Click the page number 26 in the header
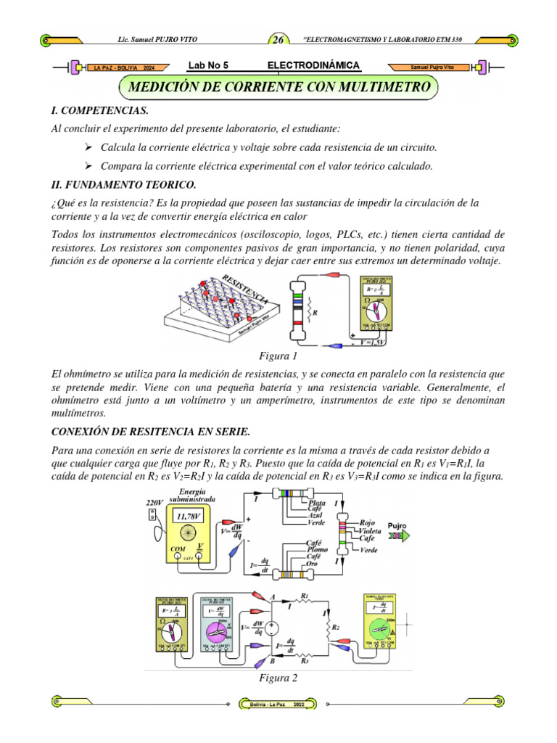279,40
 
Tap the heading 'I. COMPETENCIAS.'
99,110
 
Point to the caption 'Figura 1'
278,357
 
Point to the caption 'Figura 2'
278,678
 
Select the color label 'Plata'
318,502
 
